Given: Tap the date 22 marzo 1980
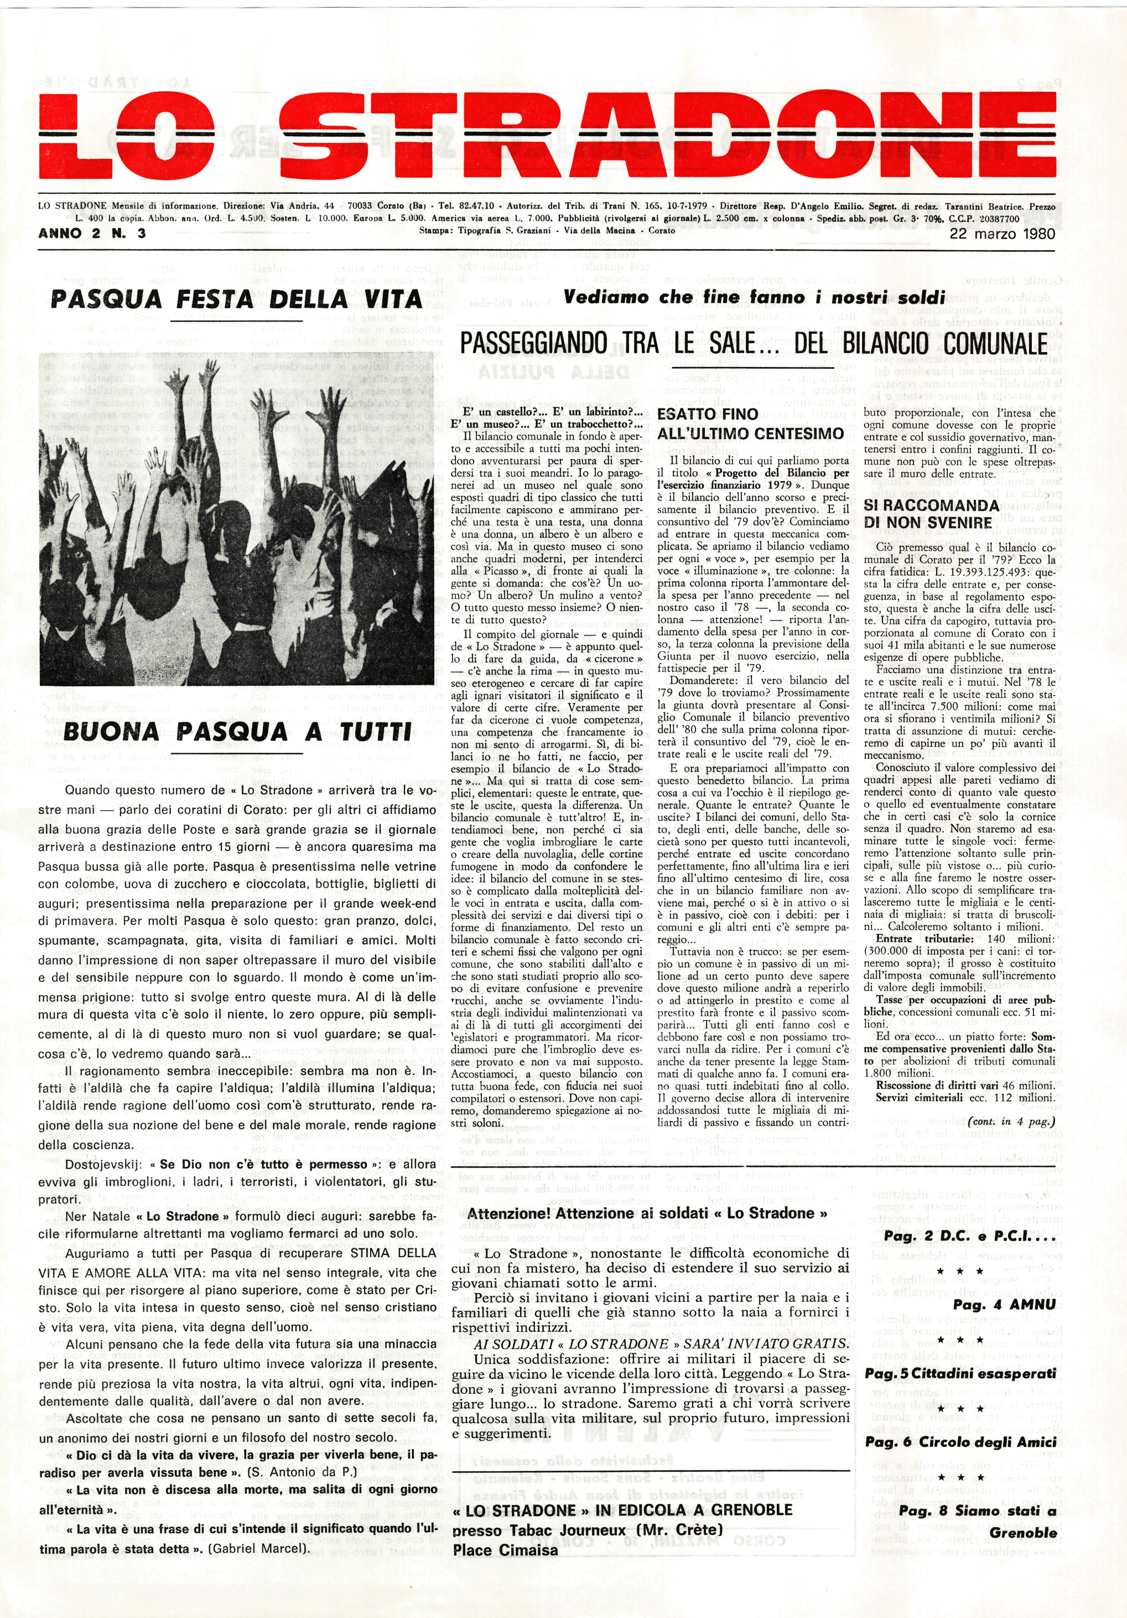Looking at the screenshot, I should tap(1001, 233).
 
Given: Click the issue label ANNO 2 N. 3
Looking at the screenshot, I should tap(92, 233).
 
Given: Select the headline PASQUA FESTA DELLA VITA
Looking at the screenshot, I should tap(236, 299).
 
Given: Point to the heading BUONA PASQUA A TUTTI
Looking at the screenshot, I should tap(237, 731).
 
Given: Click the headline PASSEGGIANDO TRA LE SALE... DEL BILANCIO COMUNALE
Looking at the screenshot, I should tap(752, 343).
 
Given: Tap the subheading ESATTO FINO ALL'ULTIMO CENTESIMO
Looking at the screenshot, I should tap(750, 423).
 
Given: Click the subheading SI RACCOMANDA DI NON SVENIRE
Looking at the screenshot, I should tap(931, 514).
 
